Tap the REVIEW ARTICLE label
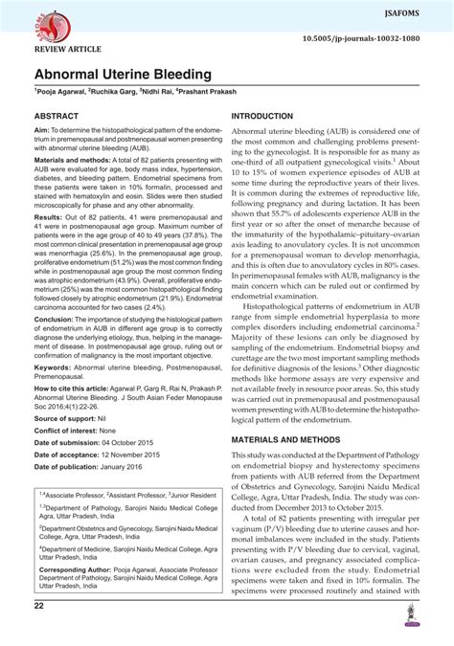[x=68, y=46]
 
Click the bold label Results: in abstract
[x=52, y=246]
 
